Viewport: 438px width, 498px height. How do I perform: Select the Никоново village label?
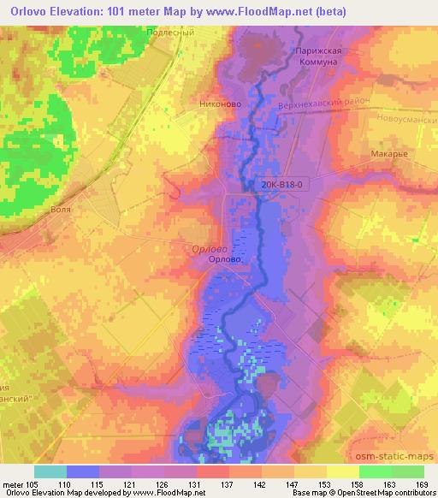click(219, 104)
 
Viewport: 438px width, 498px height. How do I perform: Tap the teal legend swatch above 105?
click(50, 471)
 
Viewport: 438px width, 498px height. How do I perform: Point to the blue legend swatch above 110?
click(82, 471)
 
